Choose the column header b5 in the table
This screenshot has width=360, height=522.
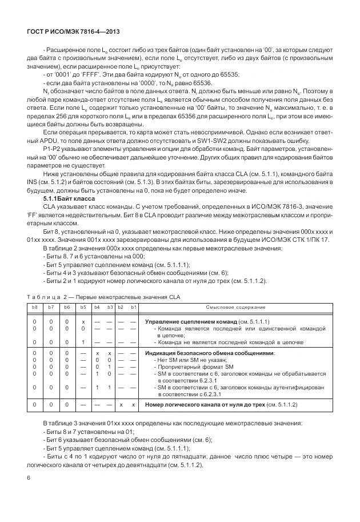pos(83,307)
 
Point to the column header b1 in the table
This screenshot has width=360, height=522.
pos(133,307)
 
